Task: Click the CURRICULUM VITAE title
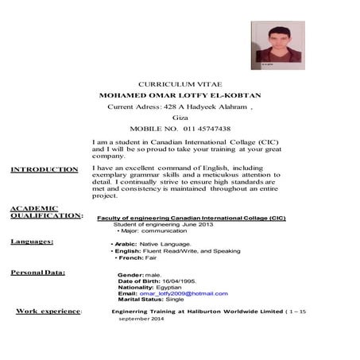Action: tap(185, 83)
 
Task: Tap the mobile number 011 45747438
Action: tap(185, 128)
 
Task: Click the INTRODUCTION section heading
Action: tap(45, 169)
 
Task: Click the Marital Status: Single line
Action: tap(150, 300)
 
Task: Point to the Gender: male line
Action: tap(138, 275)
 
